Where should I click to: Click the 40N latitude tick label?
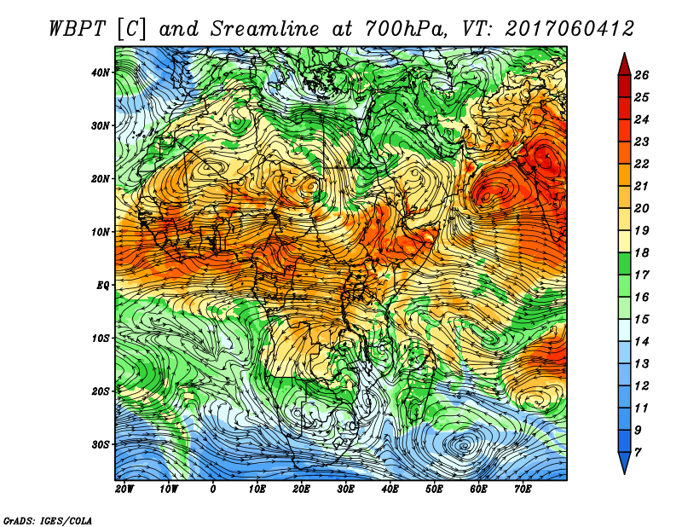[x=101, y=72]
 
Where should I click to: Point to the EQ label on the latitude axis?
[x=102, y=285]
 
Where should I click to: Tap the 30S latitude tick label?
[x=101, y=444]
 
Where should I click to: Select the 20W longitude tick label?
[x=124, y=489]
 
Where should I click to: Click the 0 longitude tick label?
[x=212, y=489]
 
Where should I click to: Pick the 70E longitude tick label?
[x=523, y=489]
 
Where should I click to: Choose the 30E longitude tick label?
[x=345, y=489]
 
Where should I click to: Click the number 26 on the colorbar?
[x=641, y=75]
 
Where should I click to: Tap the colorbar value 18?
[x=641, y=252]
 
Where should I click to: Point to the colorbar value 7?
[x=638, y=453]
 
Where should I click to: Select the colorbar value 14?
[x=641, y=342]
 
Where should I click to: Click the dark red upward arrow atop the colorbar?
[x=624, y=65]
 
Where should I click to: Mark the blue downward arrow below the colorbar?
[x=624, y=463]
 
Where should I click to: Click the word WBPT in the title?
[x=77, y=29]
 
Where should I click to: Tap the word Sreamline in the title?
[x=265, y=29]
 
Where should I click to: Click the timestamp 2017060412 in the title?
[x=569, y=29]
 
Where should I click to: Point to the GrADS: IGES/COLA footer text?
[x=48, y=521]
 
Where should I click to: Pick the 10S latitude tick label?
[x=101, y=339]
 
